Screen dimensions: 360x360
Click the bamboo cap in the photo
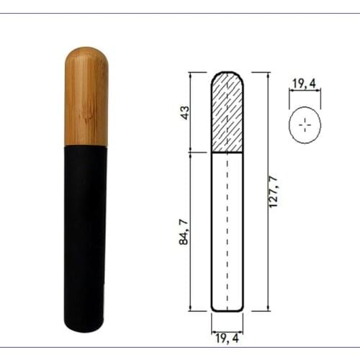click(x=86, y=97)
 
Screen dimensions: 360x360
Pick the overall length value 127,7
click(x=274, y=191)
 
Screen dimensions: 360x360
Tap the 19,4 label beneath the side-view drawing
click(x=228, y=333)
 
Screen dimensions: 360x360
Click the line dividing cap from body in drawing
click(x=228, y=153)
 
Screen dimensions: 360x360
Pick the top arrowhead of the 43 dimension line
click(x=191, y=76)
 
